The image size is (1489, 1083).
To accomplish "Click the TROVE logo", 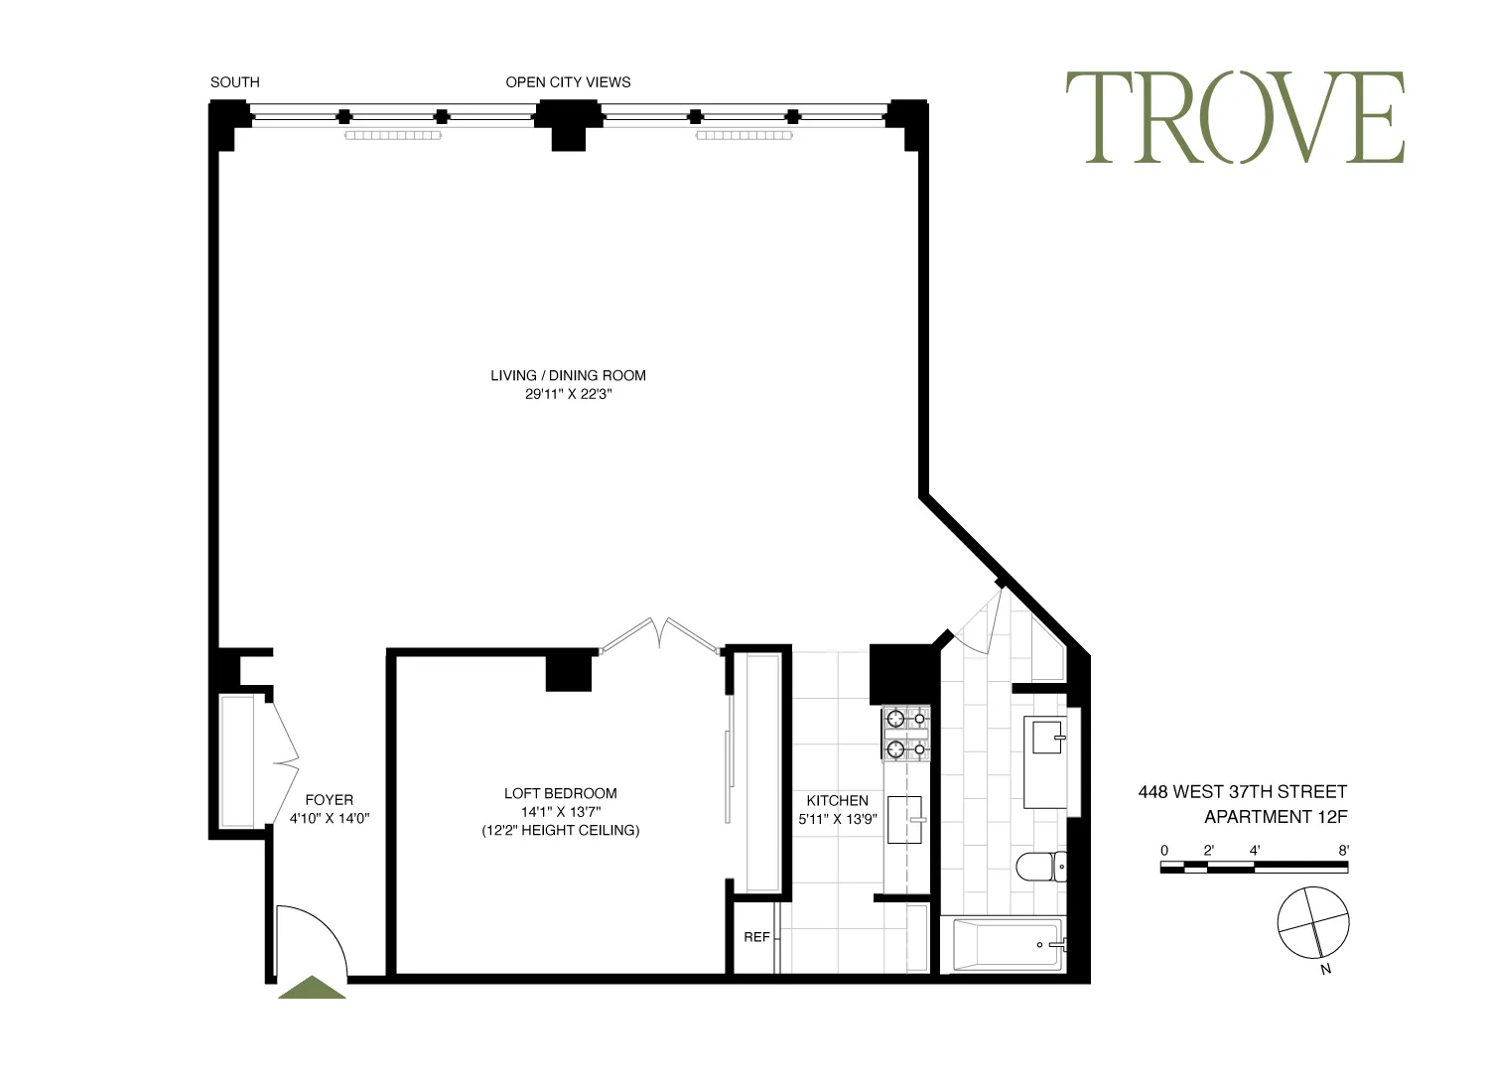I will pos(1235,117).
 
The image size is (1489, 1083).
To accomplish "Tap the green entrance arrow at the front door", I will pos(312,989).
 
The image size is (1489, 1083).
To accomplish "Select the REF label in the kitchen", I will pos(756,937).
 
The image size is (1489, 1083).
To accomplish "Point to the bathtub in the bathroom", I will pos(1009,945).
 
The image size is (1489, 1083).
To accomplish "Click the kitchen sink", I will pos(904,820).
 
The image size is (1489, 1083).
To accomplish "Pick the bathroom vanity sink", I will pos(1047,738).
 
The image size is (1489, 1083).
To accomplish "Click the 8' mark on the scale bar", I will pos(1343,851).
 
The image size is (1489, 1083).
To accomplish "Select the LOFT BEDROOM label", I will pos(560,793).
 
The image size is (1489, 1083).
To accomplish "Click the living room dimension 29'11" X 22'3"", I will pos(568,394).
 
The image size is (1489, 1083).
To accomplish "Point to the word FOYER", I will pos(329,800).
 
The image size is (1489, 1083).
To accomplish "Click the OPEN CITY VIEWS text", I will pos(568,82).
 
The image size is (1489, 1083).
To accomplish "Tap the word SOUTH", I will pos(234,82).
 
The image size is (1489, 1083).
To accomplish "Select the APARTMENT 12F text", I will pos(1275,817).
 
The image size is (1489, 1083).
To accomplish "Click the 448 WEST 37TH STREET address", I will pos(1242,792).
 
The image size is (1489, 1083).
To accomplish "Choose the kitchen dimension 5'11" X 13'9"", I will pos(837,820).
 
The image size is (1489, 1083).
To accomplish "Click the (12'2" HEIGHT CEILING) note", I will pos(560,830).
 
